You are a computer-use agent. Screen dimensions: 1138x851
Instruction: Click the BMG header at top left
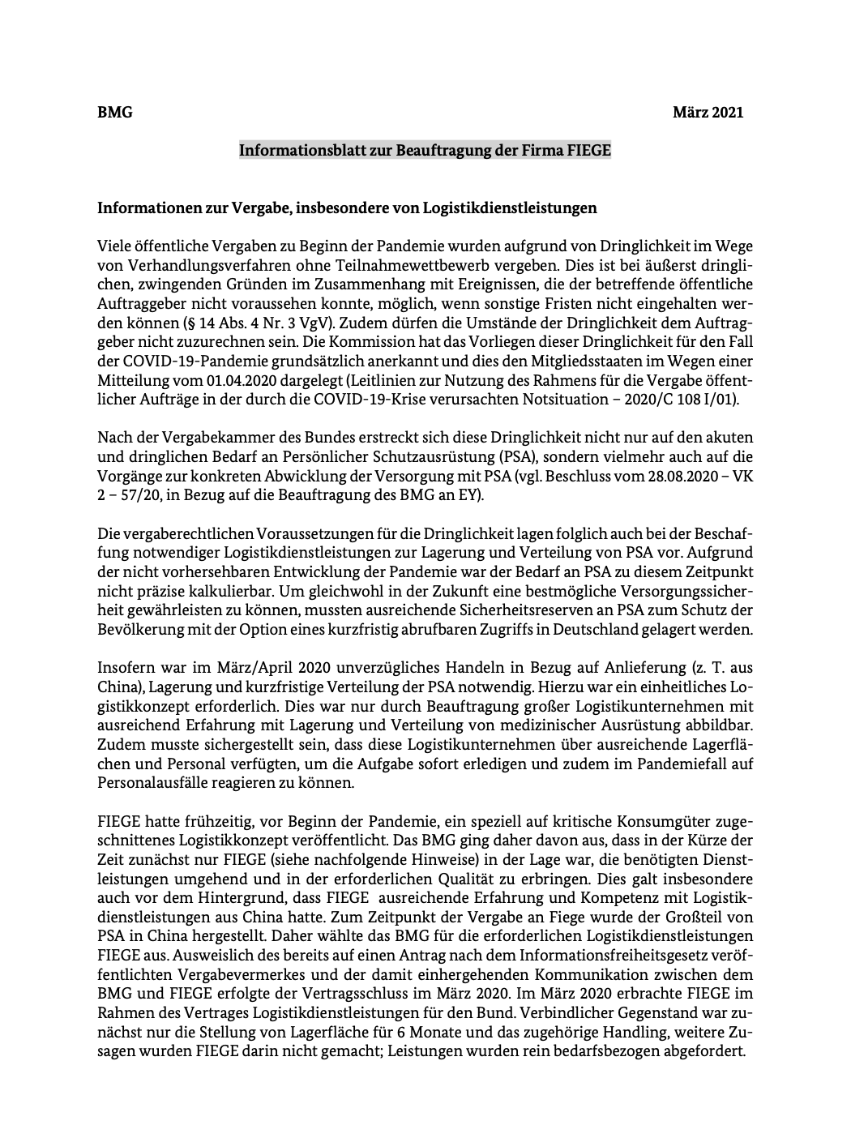(114, 112)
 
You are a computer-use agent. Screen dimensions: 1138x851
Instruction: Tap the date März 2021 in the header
(708, 112)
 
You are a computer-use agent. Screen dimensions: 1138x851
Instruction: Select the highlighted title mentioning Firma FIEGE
(425, 151)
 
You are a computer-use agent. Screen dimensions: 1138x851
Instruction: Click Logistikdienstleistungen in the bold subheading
(510, 207)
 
